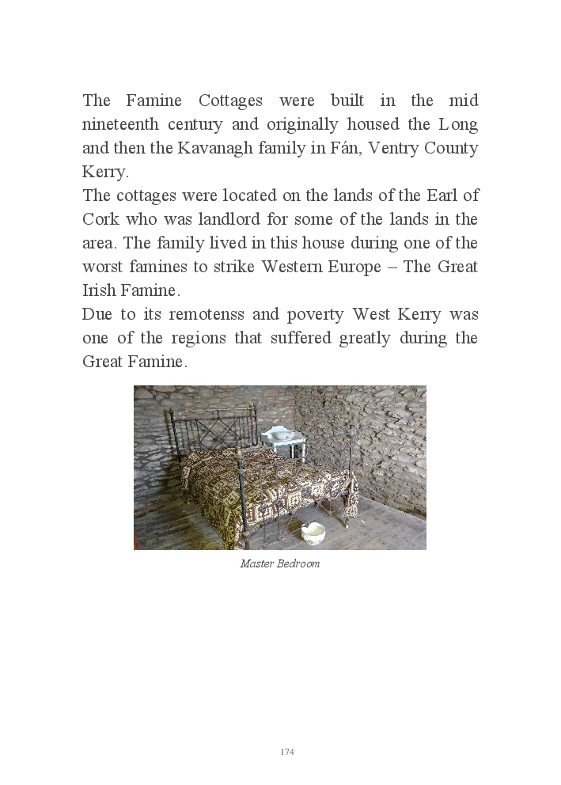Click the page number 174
(x=287, y=752)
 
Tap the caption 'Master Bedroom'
(x=280, y=564)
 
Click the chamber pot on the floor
(x=313, y=533)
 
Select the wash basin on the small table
(x=279, y=434)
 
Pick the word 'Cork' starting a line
(x=99, y=219)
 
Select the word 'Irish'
(x=98, y=290)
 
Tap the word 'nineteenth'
(x=119, y=124)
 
